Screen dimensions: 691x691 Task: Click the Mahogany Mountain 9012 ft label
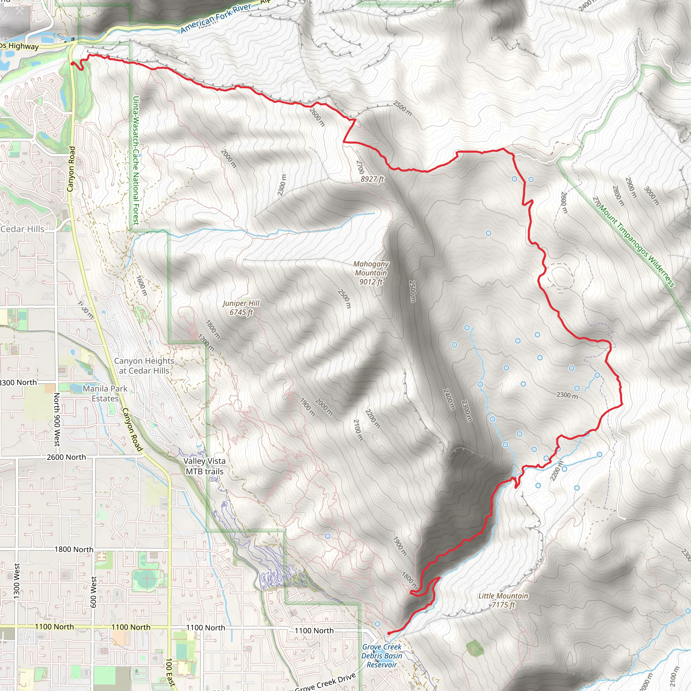371,273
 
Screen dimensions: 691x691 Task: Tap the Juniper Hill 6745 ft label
241,308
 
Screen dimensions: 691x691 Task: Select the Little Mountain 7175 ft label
503,600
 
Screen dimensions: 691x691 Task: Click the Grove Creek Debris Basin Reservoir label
382,656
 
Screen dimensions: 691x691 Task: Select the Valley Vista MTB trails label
204,466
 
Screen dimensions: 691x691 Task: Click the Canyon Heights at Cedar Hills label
144,365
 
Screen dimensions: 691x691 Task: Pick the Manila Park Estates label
105,393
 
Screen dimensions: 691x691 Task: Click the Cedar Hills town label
22,229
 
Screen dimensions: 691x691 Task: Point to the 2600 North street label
66,457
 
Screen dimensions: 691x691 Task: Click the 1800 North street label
74,549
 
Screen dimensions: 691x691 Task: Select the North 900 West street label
56,419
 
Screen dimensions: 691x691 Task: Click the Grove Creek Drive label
326,682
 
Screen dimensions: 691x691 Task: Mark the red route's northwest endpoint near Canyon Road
72,63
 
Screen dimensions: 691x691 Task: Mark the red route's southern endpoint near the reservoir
389,633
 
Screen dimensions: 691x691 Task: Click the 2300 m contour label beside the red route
567,395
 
